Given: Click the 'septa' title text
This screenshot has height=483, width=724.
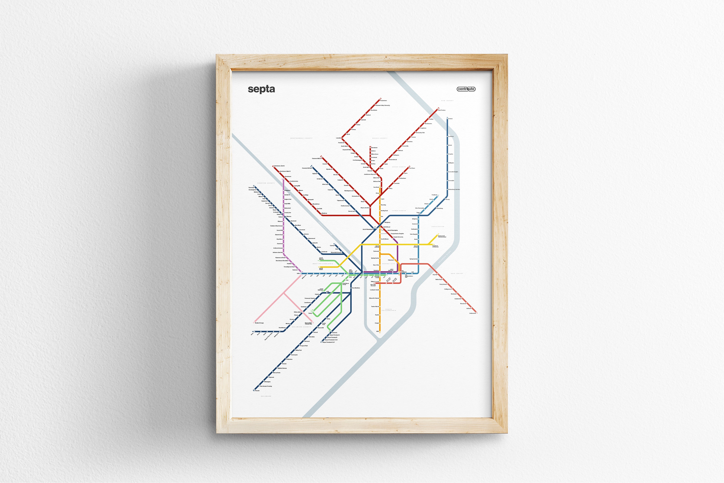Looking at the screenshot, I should (x=261, y=89).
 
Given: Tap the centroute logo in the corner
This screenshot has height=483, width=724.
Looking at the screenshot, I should (x=466, y=89).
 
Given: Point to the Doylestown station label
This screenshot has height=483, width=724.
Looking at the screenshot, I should (x=384, y=100).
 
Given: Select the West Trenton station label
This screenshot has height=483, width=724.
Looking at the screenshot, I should (x=442, y=110).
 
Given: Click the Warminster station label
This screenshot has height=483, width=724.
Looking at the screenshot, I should (x=374, y=148).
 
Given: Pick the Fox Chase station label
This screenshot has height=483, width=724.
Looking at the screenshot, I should (x=412, y=168).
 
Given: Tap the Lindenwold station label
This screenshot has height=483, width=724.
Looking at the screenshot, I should (x=473, y=313).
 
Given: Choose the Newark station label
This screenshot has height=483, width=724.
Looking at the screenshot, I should (x=257, y=391).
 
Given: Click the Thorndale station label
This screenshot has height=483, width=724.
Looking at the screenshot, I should (x=251, y=187).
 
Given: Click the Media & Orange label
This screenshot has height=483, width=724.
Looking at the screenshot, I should (x=260, y=323).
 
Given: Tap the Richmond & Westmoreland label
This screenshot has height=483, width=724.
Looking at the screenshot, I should (x=442, y=237).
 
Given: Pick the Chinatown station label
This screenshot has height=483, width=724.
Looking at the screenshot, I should (x=391, y=260).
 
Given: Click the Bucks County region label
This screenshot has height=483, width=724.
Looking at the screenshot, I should (x=380, y=138).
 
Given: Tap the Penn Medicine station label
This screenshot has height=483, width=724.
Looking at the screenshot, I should (x=356, y=288).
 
